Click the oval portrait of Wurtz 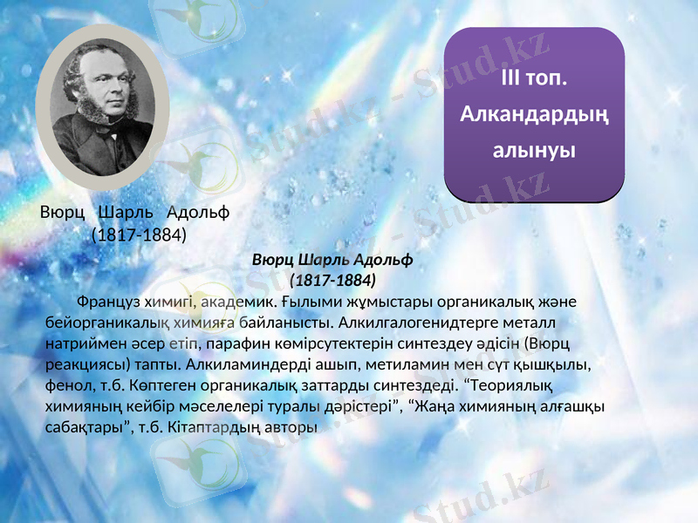point(102,106)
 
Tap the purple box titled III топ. point(534,113)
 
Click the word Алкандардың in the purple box point(534,114)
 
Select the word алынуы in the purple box point(534,149)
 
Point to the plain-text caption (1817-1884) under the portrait point(139,234)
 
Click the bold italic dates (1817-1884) point(332,281)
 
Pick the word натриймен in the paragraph point(84,344)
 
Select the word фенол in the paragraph point(67,386)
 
